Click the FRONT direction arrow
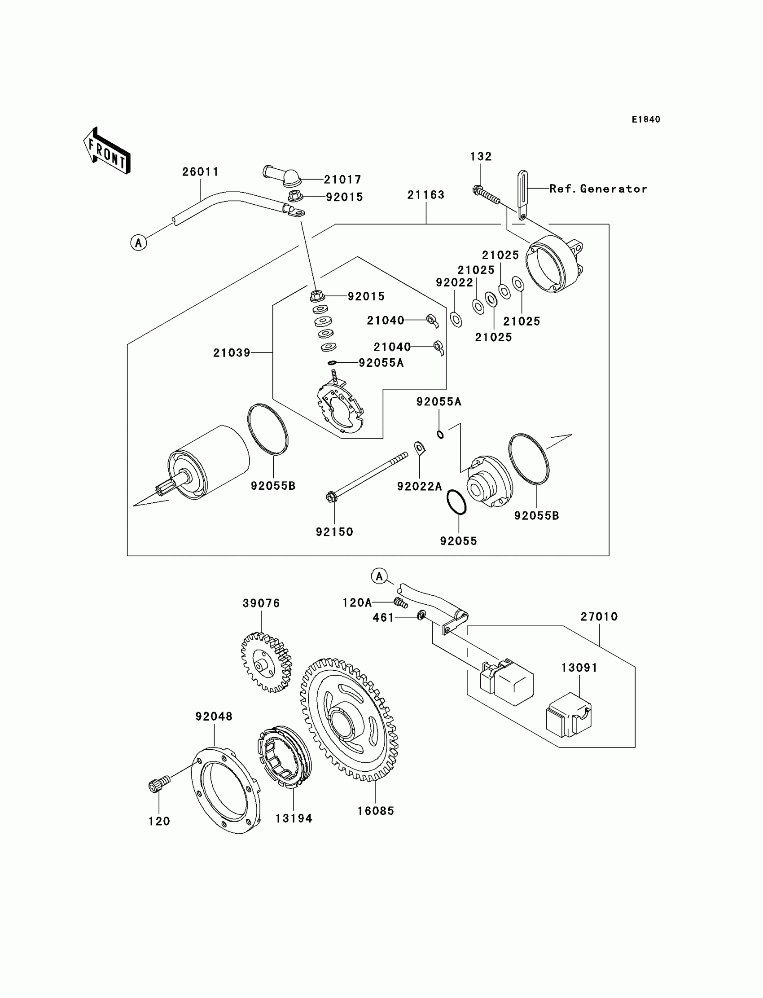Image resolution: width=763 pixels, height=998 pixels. click(107, 151)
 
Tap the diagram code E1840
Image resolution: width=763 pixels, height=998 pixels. click(645, 119)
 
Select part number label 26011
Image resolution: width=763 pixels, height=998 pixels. click(200, 171)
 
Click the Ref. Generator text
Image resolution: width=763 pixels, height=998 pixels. click(598, 189)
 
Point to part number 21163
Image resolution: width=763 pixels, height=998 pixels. click(425, 195)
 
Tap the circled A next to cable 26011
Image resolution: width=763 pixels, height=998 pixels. click(139, 243)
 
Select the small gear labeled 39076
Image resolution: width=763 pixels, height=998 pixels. click(266, 663)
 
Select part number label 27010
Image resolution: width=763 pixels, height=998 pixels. click(599, 616)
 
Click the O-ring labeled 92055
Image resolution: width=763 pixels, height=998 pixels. click(456, 502)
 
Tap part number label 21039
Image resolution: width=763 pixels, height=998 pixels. click(232, 353)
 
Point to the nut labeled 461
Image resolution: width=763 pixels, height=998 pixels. click(421, 616)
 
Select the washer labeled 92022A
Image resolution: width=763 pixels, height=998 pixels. click(419, 448)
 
